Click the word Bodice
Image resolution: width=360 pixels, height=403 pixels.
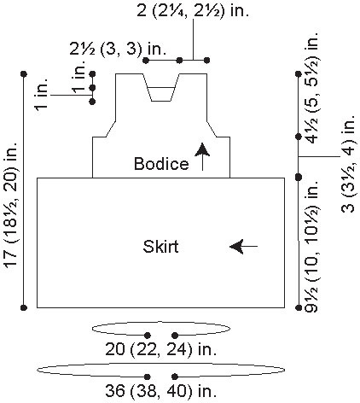[161, 164]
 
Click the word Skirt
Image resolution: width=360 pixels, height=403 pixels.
[160, 246]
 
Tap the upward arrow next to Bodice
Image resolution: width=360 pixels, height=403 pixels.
[202, 156]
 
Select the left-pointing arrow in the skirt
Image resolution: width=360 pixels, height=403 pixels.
[243, 246]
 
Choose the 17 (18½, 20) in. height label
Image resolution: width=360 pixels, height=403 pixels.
[11, 204]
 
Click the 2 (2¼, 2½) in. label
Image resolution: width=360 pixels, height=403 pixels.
[193, 11]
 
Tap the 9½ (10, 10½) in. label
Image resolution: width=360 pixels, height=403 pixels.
[311, 246]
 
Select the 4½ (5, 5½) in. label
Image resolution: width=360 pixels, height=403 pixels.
[311, 87]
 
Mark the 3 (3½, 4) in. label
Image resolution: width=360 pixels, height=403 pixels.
[348, 164]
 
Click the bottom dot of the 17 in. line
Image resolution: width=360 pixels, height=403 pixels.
[24, 307]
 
